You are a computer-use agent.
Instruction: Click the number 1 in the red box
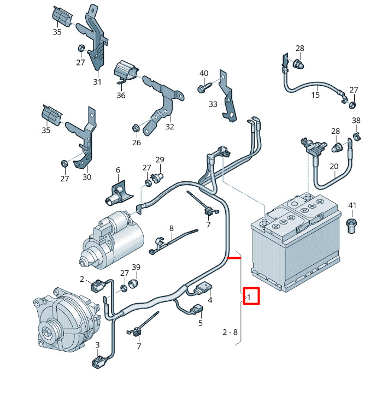(x=249, y=298)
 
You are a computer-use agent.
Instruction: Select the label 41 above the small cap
(x=352, y=206)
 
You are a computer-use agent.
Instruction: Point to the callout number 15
(x=315, y=95)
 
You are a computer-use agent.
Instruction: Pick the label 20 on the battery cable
(x=334, y=167)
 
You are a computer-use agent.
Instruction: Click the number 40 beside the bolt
(x=204, y=73)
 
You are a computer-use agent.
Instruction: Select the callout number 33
(x=213, y=104)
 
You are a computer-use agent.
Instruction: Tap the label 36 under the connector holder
(x=121, y=95)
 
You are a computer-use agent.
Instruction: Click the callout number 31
(x=97, y=82)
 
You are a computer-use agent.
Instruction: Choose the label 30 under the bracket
(x=87, y=176)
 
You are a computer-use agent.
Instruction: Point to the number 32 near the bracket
(x=169, y=127)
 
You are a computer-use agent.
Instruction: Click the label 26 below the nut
(x=136, y=143)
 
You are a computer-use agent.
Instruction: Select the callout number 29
(x=160, y=159)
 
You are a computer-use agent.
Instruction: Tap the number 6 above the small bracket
(x=117, y=170)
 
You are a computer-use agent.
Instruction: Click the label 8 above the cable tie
(x=171, y=228)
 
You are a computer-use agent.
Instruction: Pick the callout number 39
(x=136, y=267)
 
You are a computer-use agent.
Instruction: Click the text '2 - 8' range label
(x=230, y=331)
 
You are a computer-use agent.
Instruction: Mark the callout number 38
(x=356, y=121)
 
